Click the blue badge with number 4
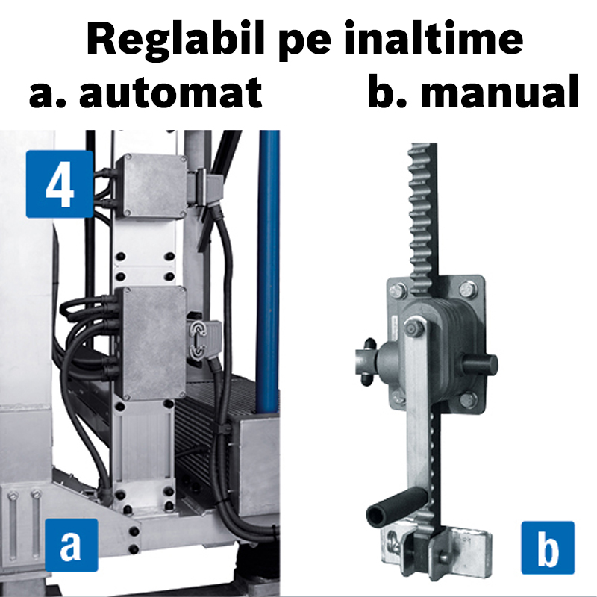pos(60,184)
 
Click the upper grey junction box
pos(154,187)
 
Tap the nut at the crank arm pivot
pos(413,326)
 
